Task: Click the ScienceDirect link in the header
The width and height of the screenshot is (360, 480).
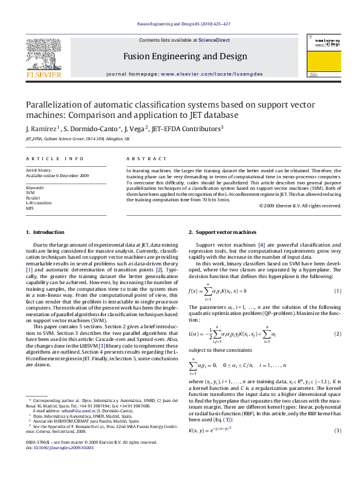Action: (x=214, y=40)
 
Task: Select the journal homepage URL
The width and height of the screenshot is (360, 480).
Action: (x=201, y=73)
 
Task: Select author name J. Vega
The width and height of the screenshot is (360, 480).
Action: (x=134, y=129)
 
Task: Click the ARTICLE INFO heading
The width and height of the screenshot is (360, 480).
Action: (x=54, y=158)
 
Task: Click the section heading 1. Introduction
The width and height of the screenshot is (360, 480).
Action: (x=45, y=233)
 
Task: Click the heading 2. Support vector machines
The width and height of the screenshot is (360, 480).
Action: (x=222, y=233)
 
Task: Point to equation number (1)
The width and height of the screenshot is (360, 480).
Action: (x=338, y=291)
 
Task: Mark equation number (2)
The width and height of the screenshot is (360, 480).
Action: (x=338, y=334)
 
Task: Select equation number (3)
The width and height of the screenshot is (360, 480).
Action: (x=338, y=430)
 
